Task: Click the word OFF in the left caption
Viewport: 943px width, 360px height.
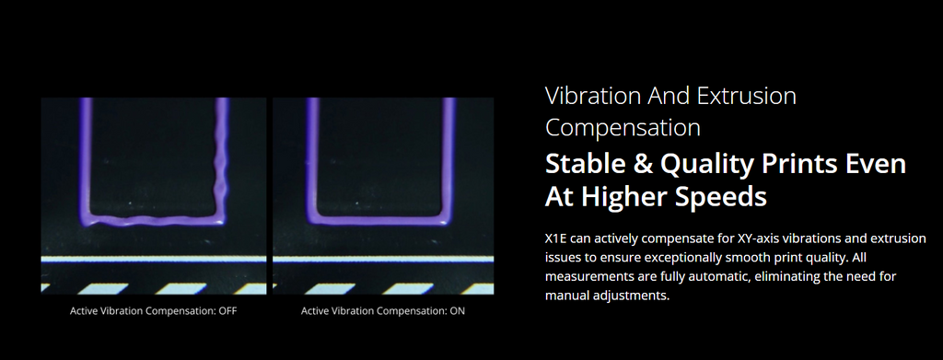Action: point(228,311)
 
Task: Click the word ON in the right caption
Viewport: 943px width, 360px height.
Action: point(457,311)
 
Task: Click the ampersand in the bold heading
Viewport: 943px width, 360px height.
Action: point(642,165)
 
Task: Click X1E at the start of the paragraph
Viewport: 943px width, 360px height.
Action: point(556,238)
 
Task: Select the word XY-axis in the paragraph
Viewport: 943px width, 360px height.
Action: point(758,239)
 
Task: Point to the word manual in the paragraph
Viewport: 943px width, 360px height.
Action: point(563,296)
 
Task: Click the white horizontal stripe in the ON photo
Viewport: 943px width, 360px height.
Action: point(383,259)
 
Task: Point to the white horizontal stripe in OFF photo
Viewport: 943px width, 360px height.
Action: point(154,259)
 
